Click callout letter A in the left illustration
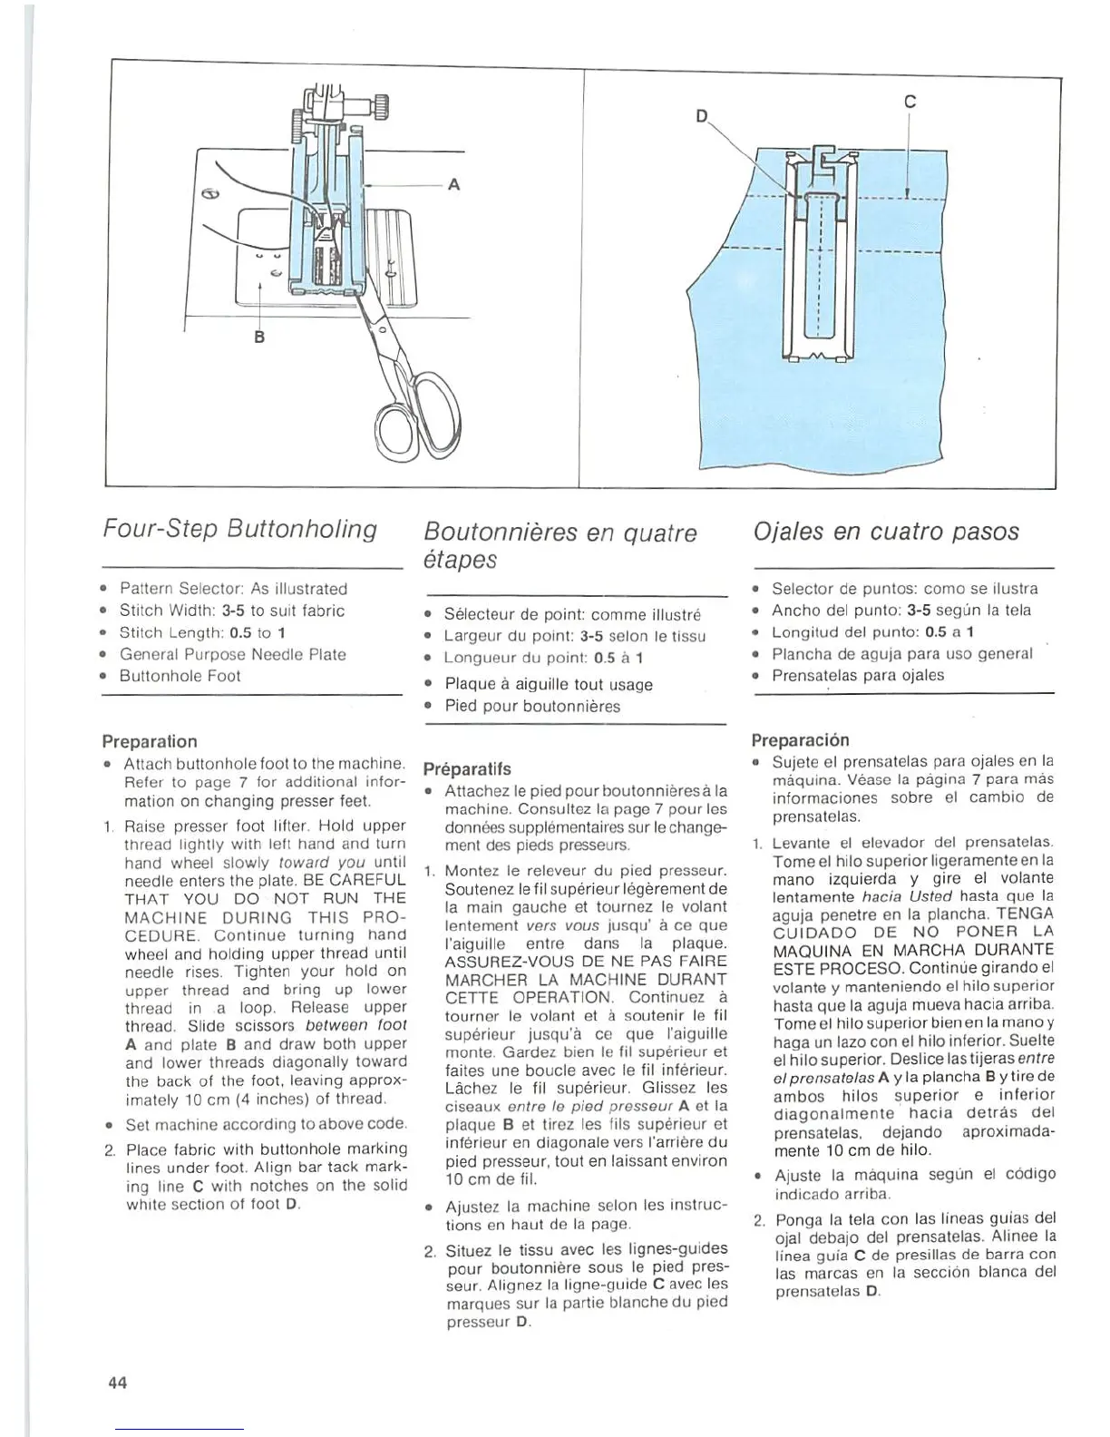[x=453, y=184]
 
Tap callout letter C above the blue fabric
[x=910, y=103]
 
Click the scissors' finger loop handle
[x=405, y=426]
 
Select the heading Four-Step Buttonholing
[x=239, y=528]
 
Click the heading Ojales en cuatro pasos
[x=886, y=531]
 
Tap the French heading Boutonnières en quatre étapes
[x=560, y=545]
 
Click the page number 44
[x=117, y=1383]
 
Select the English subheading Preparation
[x=150, y=741]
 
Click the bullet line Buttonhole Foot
[x=180, y=676]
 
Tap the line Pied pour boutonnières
[x=532, y=706]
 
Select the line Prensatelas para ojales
[x=858, y=675]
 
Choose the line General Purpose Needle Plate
[x=233, y=654]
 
